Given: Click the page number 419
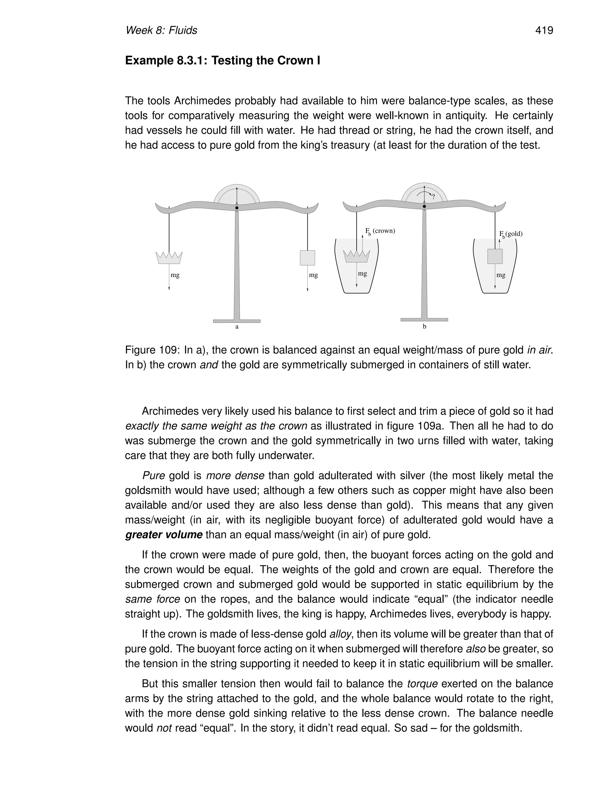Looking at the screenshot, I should pos(544,31).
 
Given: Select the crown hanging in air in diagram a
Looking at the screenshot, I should pos(169,258).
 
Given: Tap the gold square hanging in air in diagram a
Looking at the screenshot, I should pos(307,258).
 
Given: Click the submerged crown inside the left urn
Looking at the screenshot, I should pos(356,256).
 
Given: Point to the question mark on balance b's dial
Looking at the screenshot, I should pos(433,197).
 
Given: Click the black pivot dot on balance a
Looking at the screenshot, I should pos(237,208).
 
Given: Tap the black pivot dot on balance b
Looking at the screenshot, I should pos(424,206).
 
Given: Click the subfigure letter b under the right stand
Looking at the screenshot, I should pos(424,327).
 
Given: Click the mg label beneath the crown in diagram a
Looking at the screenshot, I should pos(175,275).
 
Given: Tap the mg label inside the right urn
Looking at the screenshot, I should pos(501,275).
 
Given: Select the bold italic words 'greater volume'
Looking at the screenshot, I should pos(164,535).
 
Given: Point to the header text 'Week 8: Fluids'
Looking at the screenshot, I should pos(161,31).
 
